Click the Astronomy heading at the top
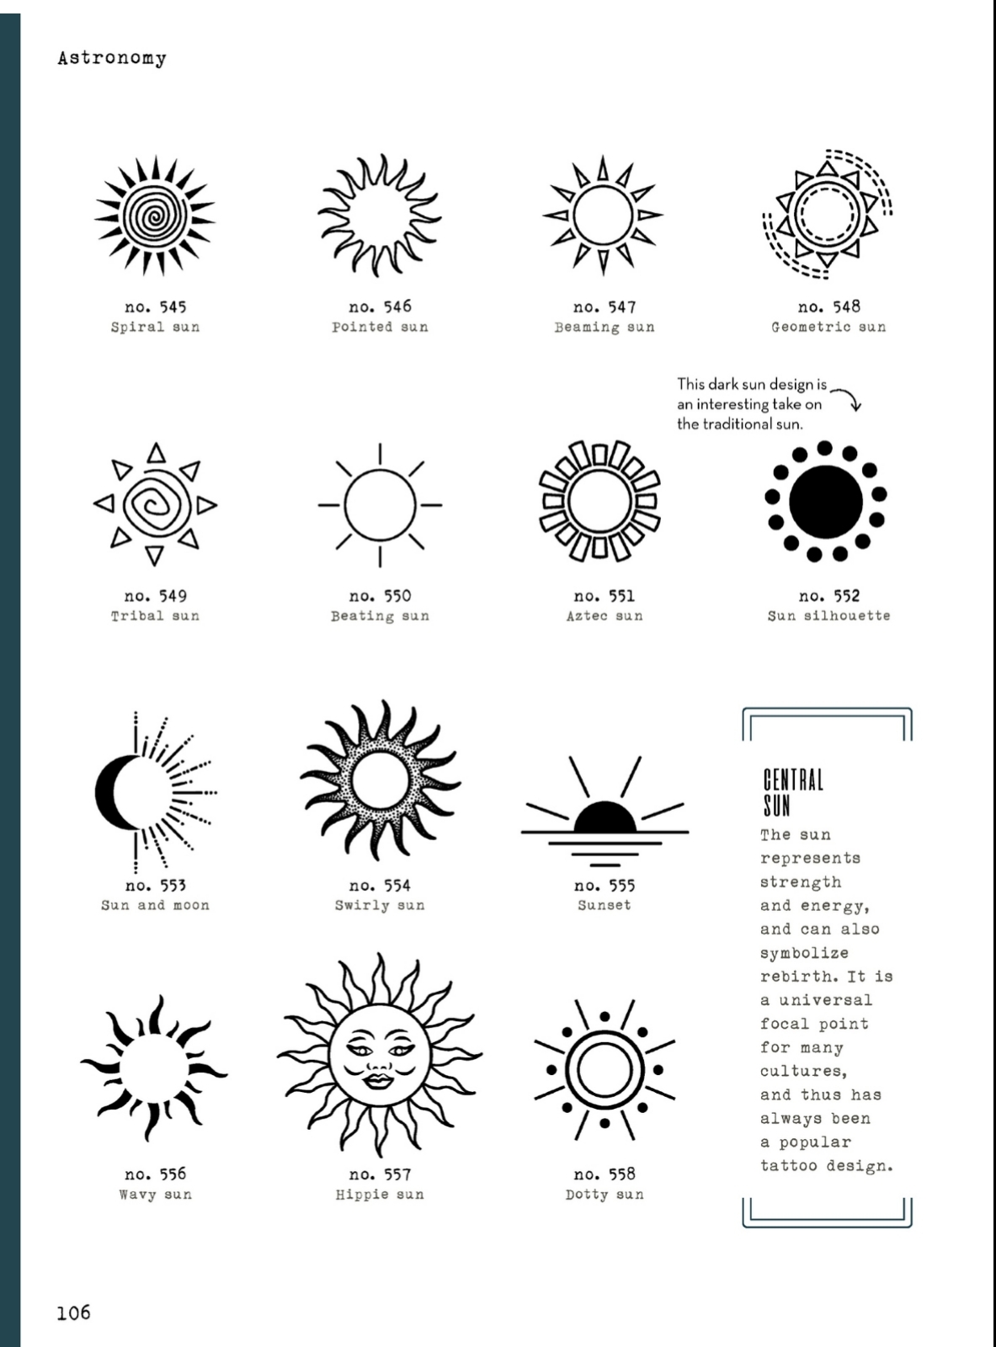point(112,58)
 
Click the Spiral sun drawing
point(155,216)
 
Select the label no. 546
point(380,307)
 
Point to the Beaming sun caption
point(604,327)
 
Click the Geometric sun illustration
point(828,214)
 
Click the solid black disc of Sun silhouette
point(825,503)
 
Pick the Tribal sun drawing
point(155,504)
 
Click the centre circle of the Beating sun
point(380,505)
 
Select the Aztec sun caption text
point(604,616)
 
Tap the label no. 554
point(380,886)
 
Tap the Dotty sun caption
point(604,1195)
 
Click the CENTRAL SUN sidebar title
point(792,792)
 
